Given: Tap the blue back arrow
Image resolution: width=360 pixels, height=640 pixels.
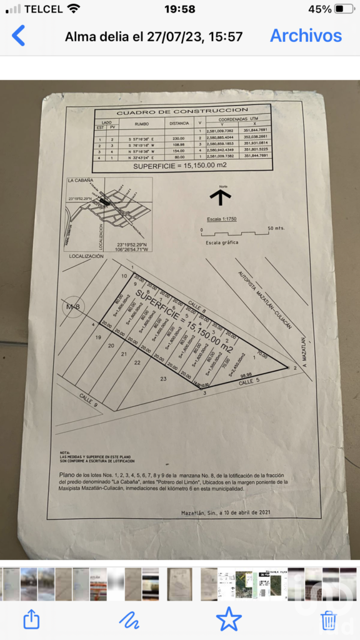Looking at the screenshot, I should coord(19,36).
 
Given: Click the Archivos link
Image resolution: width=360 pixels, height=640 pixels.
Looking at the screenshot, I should coord(306,36).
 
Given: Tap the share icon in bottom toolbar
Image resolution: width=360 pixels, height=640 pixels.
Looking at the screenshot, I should coord(31,619).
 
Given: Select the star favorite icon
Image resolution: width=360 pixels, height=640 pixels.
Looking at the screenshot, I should coord(229,619).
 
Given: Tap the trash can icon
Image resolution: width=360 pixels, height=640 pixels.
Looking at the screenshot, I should coord(328,619).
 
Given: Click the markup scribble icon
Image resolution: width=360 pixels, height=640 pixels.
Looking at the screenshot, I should coord(129,619).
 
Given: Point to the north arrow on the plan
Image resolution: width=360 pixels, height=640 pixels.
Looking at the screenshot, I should coord(220,196).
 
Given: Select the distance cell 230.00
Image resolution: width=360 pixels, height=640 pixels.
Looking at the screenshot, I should coord(179,139).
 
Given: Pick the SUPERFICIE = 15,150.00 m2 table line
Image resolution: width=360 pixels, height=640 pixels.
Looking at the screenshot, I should coord(181,167).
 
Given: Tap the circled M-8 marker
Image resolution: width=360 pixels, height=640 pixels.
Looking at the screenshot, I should coord(73,306).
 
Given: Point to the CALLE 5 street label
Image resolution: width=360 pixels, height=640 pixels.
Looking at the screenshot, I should coord(249,380).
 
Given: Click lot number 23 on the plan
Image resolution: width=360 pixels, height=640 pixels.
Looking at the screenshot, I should coord(164,379).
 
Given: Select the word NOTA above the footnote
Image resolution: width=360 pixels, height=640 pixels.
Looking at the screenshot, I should coord(65,452).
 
